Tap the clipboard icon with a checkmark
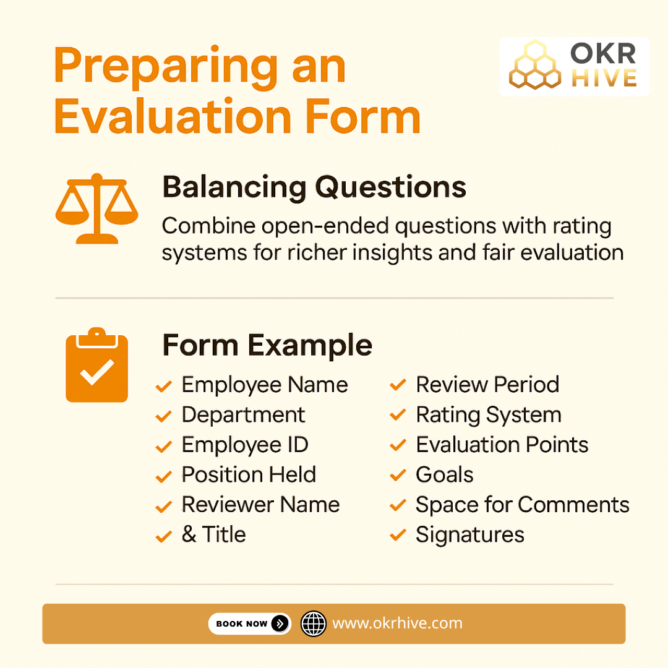pyautogui.click(x=96, y=366)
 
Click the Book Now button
pyautogui.click(x=249, y=623)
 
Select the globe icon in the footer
pyautogui.click(x=313, y=623)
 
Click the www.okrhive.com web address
pyautogui.click(x=397, y=623)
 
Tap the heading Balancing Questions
pyautogui.click(x=314, y=187)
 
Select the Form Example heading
pyautogui.click(x=267, y=345)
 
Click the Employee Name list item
pyautogui.click(x=264, y=385)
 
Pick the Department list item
pyautogui.click(x=243, y=415)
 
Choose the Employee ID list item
pyautogui.click(x=245, y=445)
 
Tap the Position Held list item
pyautogui.click(x=249, y=475)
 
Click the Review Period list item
pyautogui.click(x=487, y=385)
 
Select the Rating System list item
pyautogui.click(x=489, y=415)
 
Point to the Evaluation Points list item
pyautogui.click(x=502, y=445)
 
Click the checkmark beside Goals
pyautogui.click(x=398, y=476)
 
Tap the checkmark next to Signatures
pyautogui.click(x=398, y=536)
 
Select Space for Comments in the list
pyautogui.click(x=522, y=505)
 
